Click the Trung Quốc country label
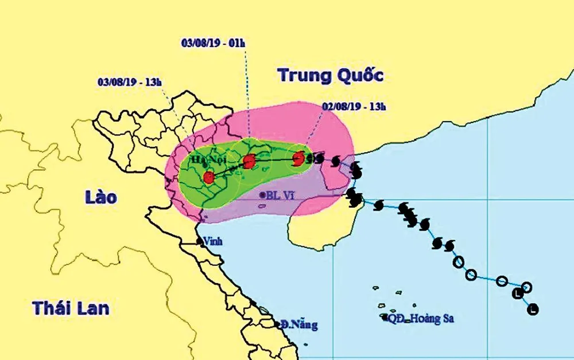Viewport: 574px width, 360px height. (329, 75)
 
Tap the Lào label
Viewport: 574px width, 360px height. (100, 198)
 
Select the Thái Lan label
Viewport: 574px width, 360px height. (71, 307)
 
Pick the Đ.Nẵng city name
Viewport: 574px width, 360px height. (299, 326)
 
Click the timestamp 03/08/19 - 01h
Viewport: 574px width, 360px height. (213, 43)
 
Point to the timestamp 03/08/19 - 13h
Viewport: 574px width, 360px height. (130, 81)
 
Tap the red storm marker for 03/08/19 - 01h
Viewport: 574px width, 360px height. (249, 161)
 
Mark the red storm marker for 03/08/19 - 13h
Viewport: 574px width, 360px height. (208, 177)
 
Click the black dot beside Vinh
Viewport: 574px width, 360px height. (200, 242)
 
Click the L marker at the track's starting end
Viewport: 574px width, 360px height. (534, 309)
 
